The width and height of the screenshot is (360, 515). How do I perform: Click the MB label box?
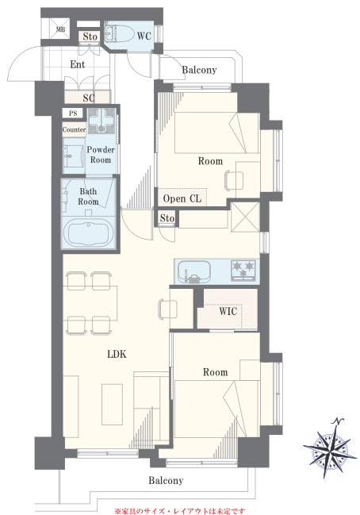[60, 29]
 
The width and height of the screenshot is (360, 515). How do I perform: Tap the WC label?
[144, 36]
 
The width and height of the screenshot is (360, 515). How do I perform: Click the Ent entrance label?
[78, 64]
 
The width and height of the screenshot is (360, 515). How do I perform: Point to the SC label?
[89, 98]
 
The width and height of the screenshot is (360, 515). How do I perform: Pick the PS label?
[73, 113]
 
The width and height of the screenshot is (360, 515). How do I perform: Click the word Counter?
[75, 129]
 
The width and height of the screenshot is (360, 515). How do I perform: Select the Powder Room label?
[101, 155]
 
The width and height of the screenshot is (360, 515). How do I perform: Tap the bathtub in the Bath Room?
[89, 233]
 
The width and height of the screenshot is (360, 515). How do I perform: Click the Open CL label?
[182, 198]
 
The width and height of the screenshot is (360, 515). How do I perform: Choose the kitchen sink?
[194, 271]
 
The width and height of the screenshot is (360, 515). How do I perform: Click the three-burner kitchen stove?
[243, 270]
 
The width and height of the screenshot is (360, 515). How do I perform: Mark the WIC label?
[228, 311]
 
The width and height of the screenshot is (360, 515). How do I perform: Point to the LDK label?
[117, 354]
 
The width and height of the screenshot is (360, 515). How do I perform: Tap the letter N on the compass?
[337, 421]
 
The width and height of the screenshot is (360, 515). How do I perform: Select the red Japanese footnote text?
[179, 511]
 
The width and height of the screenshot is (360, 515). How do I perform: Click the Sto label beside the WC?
[90, 37]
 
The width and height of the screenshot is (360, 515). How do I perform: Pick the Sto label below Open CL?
[167, 218]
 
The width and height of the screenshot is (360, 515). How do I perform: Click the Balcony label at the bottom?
[166, 481]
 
